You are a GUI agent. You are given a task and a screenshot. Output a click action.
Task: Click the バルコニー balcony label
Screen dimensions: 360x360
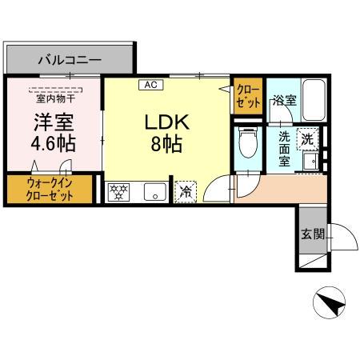(69, 59)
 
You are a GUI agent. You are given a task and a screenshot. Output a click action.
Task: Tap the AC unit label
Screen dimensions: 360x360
(150, 83)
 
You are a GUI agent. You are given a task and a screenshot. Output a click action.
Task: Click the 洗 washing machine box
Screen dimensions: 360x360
(306, 138)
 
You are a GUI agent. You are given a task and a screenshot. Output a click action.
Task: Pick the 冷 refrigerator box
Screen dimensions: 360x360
(185, 190)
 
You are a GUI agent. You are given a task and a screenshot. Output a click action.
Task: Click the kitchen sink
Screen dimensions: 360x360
(154, 191)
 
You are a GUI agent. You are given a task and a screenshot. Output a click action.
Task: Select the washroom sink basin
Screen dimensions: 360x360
(311, 163)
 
